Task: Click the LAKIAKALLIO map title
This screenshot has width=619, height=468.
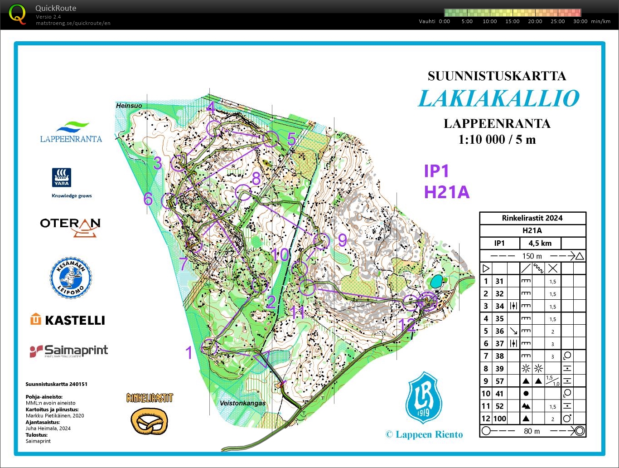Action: [498, 98]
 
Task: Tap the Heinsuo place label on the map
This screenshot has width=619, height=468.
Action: [129, 106]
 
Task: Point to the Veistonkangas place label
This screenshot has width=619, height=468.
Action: [242, 403]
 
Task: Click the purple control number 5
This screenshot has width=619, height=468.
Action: [291, 139]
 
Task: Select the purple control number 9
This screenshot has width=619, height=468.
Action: [343, 239]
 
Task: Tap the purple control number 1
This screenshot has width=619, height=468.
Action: [189, 352]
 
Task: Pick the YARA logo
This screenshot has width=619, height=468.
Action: [62, 177]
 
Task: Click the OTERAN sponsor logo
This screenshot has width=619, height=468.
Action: [70, 225]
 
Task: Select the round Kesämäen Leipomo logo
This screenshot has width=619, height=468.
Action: [70, 278]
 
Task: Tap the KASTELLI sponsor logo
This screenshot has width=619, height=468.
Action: [68, 320]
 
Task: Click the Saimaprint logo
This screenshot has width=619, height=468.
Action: [69, 351]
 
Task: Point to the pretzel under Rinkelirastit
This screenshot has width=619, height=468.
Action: [149, 421]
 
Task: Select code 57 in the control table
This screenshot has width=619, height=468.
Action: [499, 381]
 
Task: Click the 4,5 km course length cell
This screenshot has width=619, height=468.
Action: [540, 243]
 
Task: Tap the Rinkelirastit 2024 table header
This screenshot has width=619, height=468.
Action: [532, 218]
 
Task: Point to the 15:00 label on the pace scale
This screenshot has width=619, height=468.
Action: [512, 21]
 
